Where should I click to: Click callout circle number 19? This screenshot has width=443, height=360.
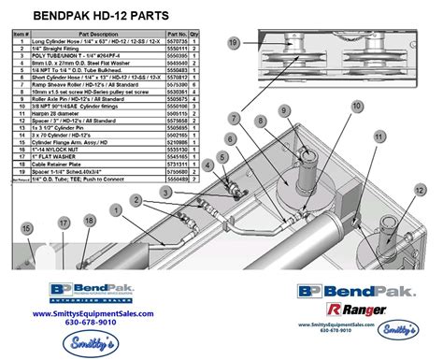(234, 42)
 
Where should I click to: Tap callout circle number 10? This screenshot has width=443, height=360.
(357, 106)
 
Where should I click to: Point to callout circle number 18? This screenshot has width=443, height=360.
(90, 221)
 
